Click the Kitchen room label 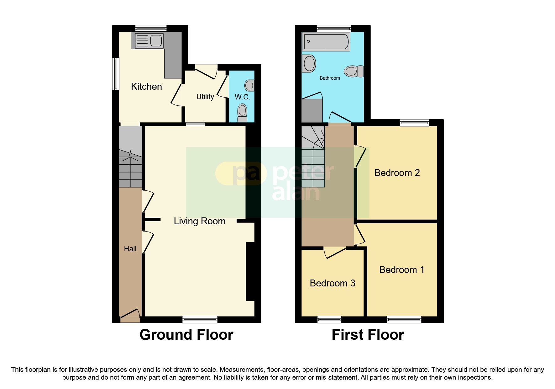[x=146, y=87]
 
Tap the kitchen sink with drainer [x=149, y=41]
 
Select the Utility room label [x=205, y=97]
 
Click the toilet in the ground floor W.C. [x=242, y=113]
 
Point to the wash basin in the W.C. [x=249, y=85]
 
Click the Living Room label [x=200, y=221]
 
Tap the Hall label [x=130, y=249]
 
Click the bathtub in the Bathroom [x=326, y=42]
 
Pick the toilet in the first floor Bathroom [x=354, y=71]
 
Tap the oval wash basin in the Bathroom [x=309, y=64]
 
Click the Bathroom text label [x=330, y=78]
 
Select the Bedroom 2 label [x=397, y=173]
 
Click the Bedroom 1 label [x=401, y=270]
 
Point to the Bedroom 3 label [x=332, y=283]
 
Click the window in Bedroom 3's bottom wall [x=329, y=320]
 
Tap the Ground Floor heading [x=186, y=335]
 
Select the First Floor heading [x=368, y=335]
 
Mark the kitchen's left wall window [x=116, y=74]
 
